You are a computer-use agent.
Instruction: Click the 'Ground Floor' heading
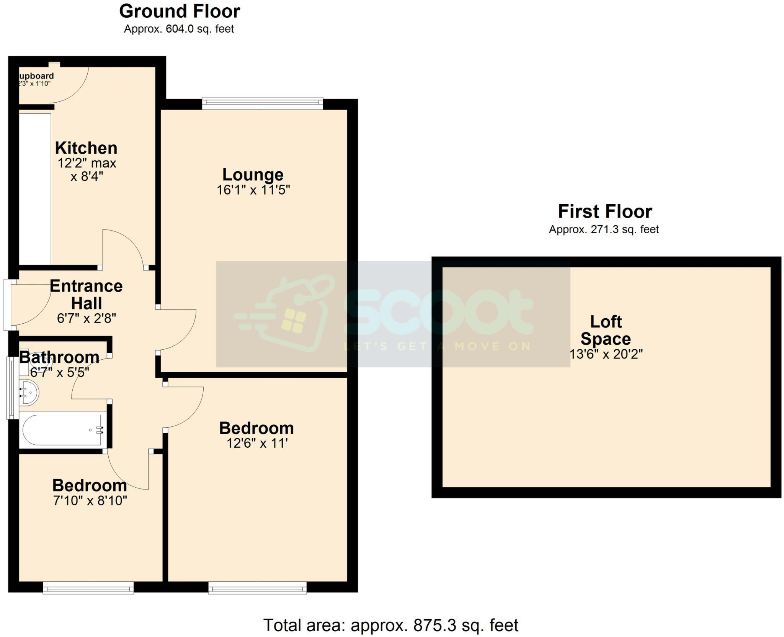[x=180, y=11]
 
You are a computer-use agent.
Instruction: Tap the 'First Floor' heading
[x=605, y=211]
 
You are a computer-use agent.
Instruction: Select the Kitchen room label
[x=86, y=148]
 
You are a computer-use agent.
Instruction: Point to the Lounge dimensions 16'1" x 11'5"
[x=253, y=190]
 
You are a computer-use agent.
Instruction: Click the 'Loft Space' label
[x=606, y=330]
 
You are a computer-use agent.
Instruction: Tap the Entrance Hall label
[x=87, y=295]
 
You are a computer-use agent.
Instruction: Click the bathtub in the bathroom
[x=63, y=430]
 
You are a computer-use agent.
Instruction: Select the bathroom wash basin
[x=29, y=392]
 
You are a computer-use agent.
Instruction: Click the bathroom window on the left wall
[x=11, y=388]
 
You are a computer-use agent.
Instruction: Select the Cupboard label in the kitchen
[x=36, y=76]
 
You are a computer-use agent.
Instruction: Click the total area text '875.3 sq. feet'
[x=465, y=626]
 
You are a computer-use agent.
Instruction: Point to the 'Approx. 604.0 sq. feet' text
[x=179, y=29]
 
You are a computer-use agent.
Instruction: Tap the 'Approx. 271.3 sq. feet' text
[x=604, y=229]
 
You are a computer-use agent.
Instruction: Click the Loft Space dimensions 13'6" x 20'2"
[x=606, y=354]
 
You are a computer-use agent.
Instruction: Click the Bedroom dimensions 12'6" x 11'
[x=257, y=444]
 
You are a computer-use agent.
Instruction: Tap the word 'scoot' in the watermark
[x=438, y=311]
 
